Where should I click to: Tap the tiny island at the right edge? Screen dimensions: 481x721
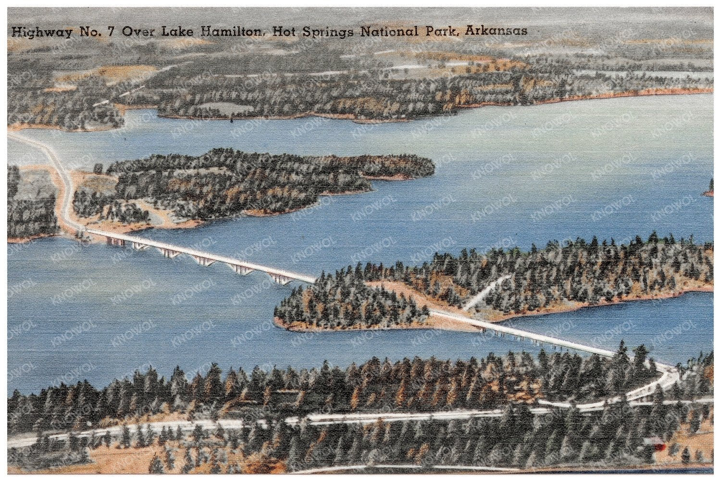click(x=709, y=189)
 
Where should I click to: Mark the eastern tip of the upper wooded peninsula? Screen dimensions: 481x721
click(x=431, y=166)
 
